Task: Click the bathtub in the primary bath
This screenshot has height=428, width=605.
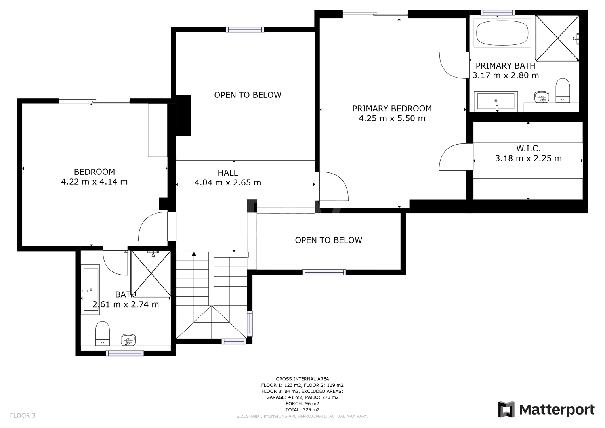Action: pos(502,33)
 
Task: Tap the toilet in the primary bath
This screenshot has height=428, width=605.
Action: pos(563,90)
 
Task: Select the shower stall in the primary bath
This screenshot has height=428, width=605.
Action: pos(557,38)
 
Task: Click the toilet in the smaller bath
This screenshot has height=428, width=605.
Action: pos(103,333)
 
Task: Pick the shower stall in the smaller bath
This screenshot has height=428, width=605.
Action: pos(151,274)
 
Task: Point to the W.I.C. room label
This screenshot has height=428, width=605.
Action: pos(528,148)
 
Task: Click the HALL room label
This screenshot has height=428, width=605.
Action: pos(228,173)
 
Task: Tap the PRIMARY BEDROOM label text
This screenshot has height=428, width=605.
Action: pos(392,109)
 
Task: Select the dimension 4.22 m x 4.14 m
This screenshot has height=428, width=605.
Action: pos(94,182)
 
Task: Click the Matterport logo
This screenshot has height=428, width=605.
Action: pos(546,410)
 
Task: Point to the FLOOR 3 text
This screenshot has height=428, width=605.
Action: pos(23,416)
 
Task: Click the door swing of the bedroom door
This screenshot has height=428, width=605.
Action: pos(153,226)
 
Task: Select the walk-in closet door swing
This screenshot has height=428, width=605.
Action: pos(453,157)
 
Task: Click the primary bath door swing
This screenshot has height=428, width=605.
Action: pos(453,65)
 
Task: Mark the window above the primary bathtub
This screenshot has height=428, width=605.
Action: pos(498,13)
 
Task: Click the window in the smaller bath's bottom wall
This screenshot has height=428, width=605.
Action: pos(124,353)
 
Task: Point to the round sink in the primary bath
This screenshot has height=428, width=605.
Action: pos(542,96)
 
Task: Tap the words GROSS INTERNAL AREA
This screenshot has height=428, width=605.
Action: pos(302,379)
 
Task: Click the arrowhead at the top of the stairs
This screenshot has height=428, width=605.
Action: pos(194,254)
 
